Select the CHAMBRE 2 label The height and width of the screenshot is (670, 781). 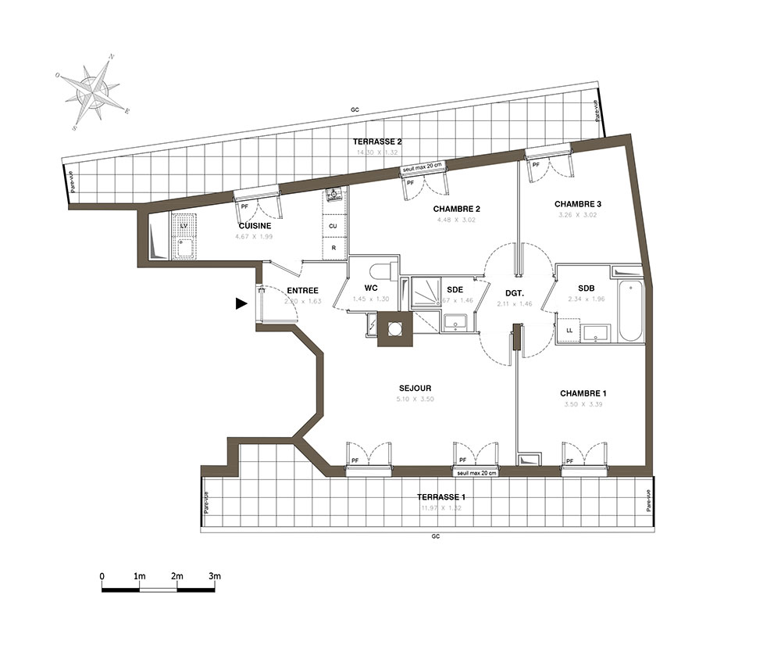click(x=456, y=209)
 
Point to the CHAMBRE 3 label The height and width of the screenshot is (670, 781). click(x=578, y=204)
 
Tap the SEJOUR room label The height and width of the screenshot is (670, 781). click(x=415, y=388)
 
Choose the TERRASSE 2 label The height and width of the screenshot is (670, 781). click(x=377, y=142)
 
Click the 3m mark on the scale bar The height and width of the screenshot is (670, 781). click(x=215, y=576)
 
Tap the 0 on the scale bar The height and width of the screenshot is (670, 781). click(x=102, y=576)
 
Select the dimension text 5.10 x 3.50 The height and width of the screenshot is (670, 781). click(x=415, y=399)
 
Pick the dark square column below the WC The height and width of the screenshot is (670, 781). click(x=394, y=328)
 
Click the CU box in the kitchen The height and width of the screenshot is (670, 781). click(x=333, y=226)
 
